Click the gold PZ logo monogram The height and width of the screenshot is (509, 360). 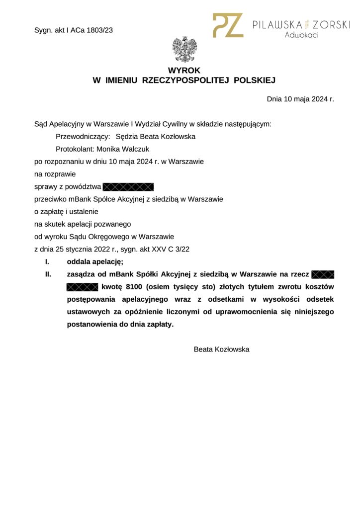coord(228,25)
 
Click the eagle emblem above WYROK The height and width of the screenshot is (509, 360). coord(184,49)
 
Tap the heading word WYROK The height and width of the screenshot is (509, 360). coord(184,71)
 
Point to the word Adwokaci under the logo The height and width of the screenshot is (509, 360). coord(301,35)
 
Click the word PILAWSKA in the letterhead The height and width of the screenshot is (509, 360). coord(278,24)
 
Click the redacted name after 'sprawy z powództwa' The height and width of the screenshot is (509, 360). coord(128,187)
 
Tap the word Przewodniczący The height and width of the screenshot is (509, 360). coord(83,137)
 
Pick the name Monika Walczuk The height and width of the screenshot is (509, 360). coord(123,149)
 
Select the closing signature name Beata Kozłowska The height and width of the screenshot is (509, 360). coord(221,349)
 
